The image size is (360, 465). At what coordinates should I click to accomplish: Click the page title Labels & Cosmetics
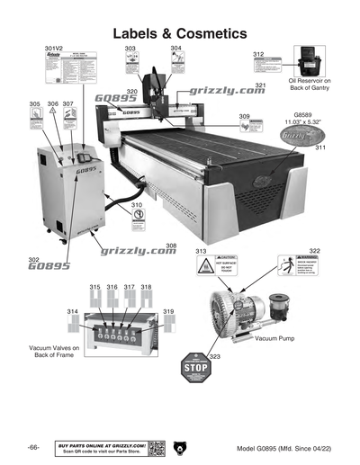[x=180, y=32]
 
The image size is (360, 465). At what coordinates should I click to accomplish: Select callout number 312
[x=258, y=54]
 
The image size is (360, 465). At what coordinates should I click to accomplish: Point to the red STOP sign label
[x=195, y=369]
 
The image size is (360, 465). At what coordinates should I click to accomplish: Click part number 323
[x=214, y=357]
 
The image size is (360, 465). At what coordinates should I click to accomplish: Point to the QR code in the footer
[x=157, y=448]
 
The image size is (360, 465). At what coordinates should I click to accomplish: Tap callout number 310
[x=137, y=205]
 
